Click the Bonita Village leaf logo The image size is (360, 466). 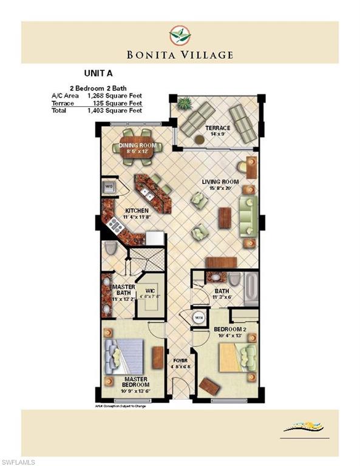pyautogui.click(x=180, y=35)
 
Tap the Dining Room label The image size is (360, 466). pyautogui.click(x=137, y=146)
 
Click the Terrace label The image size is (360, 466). pyautogui.click(x=217, y=128)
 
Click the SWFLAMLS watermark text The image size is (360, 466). pyautogui.click(x=18, y=461)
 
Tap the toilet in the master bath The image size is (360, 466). pyautogui.click(x=110, y=248)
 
